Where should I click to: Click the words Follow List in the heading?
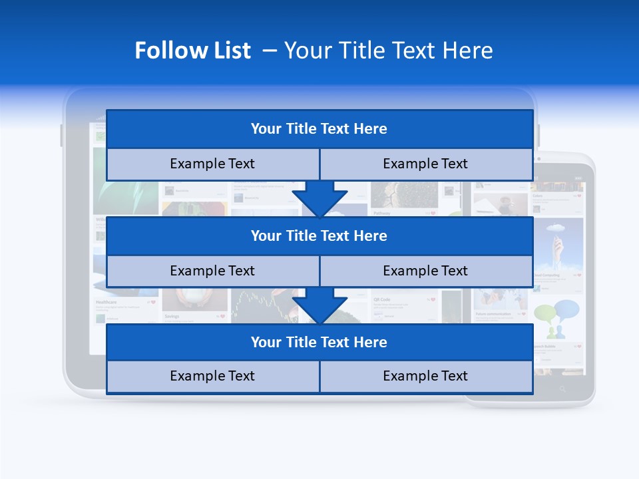[192, 51]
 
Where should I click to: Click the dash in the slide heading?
[270, 51]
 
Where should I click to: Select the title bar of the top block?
[319, 129]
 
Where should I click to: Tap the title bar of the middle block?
[319, 236]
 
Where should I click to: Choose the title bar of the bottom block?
[319, 343]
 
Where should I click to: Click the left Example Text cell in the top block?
[212, 164]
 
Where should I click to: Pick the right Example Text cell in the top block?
[426, 164]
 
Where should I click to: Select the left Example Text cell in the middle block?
[212, 271]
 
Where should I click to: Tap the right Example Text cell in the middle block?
[426, 271]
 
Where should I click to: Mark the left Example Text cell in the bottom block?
[212, 377]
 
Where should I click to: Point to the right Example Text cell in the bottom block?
[426, 377]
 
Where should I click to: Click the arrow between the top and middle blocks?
[319, 199]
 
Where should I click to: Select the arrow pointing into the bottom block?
[319, 306]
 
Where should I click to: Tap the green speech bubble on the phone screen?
[545, 313]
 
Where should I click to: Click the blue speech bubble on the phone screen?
[566, 309]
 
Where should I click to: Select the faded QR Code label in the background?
[382, 299]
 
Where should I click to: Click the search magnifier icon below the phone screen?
[562, 389]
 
